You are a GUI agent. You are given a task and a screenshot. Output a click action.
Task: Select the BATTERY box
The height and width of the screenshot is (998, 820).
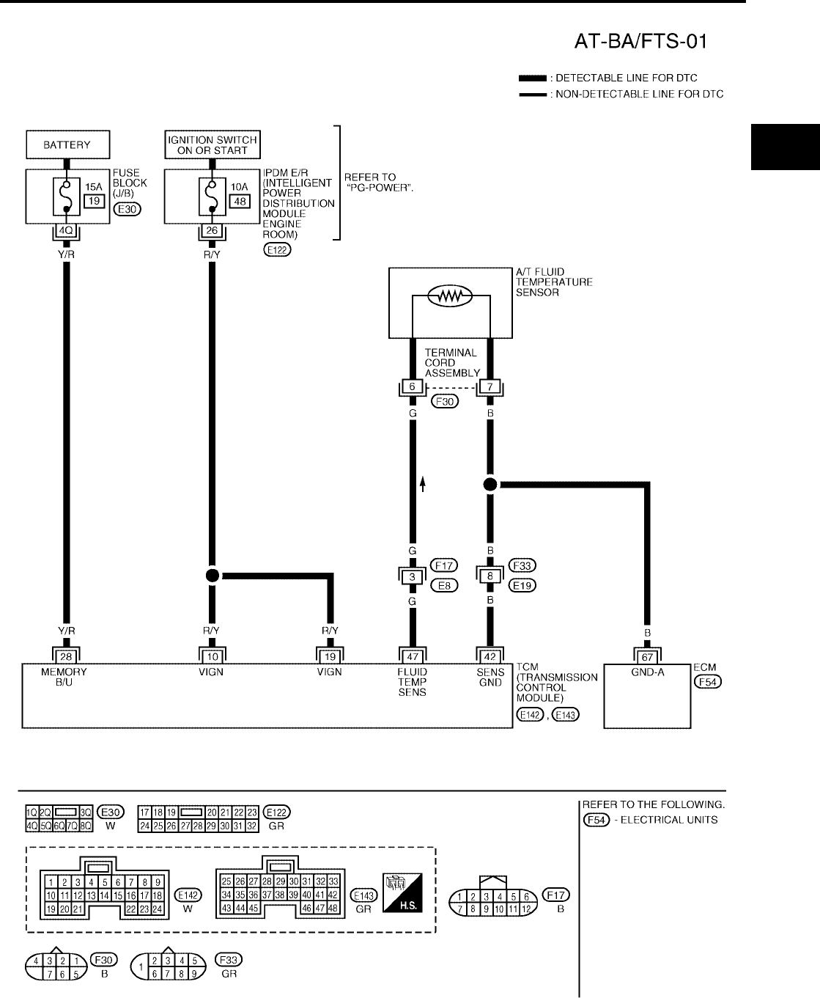[x=67, y=144]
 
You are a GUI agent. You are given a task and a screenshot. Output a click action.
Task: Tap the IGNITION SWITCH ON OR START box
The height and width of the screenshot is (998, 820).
[x=213, y=144]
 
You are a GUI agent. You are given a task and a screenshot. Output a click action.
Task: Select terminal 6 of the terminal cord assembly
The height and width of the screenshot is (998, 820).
[x=412, y=386]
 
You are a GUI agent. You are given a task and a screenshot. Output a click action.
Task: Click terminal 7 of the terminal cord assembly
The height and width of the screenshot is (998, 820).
[x=490, y=386]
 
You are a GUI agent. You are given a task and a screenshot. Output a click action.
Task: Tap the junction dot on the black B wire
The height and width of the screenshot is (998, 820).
[x=490, y=484]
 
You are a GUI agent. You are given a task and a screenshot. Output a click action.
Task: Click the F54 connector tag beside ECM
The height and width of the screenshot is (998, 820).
[x=708, y=682]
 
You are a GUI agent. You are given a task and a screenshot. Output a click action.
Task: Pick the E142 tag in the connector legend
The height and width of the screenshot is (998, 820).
[x=188, y=895]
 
